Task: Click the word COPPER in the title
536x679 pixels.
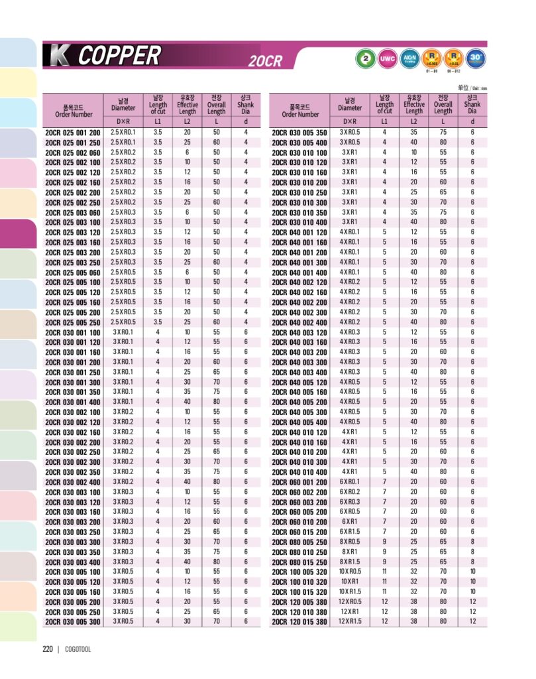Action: (x=119, y=55)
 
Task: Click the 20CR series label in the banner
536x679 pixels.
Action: (x=265, y=62)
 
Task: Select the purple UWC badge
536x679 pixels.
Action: (x=387, y=58)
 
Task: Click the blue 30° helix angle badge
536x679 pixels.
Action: (x=475, y=58)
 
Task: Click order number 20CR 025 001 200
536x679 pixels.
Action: (x=73, y=133)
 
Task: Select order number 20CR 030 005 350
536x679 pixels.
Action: (x=299, y=133)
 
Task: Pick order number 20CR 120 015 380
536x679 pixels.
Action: (x=299, y=622)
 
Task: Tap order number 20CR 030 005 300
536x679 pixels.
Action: (x=73, y=622)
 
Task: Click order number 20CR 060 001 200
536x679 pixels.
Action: (x=299, y=482)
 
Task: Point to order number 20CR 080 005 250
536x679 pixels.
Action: (x=299, y=542)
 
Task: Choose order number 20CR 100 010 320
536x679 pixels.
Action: (x=299, y=582)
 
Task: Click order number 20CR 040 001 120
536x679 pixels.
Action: (x=299, y=233)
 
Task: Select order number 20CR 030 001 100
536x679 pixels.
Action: (x=73, y=332)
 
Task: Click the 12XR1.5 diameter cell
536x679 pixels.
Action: (x=350, y=622)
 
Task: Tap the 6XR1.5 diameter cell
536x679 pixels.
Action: (x=350, y=532)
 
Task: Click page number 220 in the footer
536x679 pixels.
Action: (x=48, y=649)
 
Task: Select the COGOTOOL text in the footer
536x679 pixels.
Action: (x=78, y=649)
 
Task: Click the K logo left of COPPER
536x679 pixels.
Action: (x=57, y=56)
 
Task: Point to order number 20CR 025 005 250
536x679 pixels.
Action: (x=73, y=322)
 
